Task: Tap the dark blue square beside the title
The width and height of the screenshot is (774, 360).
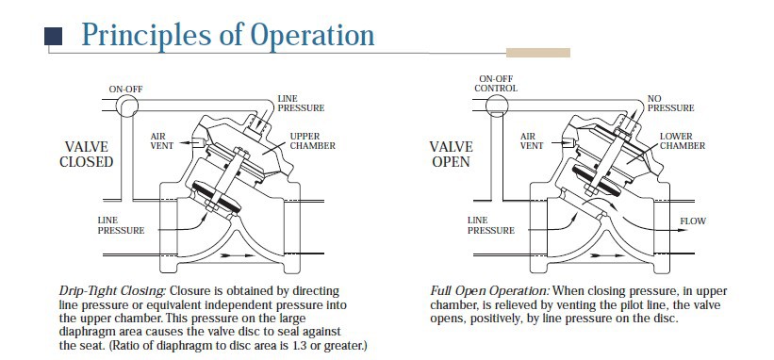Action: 54,36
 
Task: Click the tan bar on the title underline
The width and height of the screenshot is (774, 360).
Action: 538,53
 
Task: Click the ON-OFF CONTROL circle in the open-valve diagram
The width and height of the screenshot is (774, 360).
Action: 497,105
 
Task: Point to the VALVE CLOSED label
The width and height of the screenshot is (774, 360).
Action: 87,154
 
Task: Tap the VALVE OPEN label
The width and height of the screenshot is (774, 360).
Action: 452,154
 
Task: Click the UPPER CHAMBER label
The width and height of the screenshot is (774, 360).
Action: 312,140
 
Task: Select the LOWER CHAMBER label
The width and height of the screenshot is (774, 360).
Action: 683,140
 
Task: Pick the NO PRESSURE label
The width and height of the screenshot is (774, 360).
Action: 671,103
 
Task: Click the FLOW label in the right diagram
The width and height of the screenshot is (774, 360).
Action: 693,221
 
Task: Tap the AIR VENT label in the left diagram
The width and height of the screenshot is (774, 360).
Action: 162,140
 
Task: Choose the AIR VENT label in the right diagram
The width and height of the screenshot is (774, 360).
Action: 532,140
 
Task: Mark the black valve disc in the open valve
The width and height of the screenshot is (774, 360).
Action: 595,176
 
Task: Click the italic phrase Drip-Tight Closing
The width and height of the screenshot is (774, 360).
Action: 112,291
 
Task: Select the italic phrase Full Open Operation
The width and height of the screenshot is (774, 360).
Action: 489,291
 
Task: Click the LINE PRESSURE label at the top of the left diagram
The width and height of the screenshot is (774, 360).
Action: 301,103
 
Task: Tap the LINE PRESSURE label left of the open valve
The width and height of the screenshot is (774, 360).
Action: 491,225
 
